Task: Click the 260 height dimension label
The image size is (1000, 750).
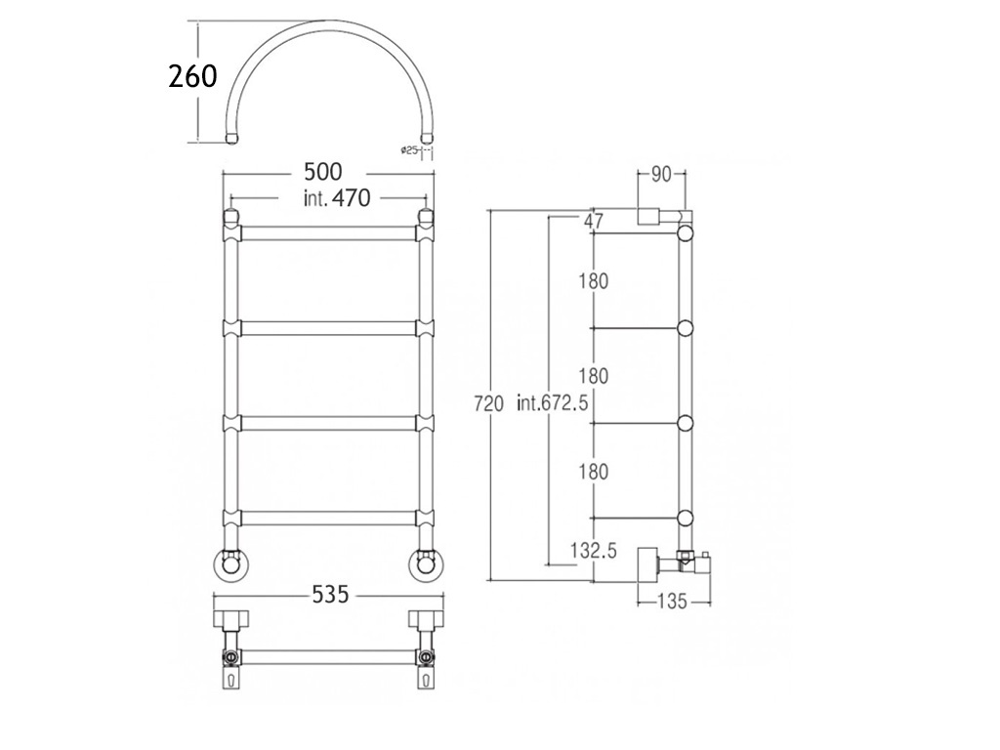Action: point(192,76)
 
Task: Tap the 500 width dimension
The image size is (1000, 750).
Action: point(322,172)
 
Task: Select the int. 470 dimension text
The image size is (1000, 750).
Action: point(337,197)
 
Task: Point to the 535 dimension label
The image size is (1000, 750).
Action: point(331,595)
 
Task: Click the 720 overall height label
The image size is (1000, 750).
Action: point(489,403)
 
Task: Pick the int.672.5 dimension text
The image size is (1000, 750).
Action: point(553,403)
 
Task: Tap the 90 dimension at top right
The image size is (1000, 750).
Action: point(661,174)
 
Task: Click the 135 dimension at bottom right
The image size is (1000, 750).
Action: point(672,601)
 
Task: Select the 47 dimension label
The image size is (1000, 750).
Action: point(593,222)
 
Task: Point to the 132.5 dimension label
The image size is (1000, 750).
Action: point(594,551)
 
